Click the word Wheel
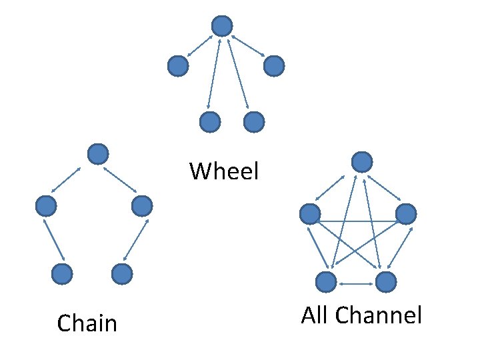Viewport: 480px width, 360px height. click(x=223, y=171)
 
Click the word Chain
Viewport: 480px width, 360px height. click(x=87, y=323)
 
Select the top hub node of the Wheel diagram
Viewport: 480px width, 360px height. click(x=222, y=26)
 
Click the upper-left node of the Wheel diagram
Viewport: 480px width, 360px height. click(x=177, y=65)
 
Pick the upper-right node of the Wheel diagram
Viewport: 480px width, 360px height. click(x=274, y=65)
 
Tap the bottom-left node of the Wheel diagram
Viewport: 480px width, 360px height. click(x=210, y=122)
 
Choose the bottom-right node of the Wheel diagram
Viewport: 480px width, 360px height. click(x=254, y=122)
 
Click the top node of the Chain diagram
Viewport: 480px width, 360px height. click(x=98, y=154)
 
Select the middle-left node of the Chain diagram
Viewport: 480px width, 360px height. click(x=46, y=206)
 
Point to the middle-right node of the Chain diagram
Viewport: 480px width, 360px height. click(x=142, y=206)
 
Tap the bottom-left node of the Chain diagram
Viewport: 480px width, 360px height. click(x=62, y=273)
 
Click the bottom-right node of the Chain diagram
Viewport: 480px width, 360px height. click(x=121, y=273)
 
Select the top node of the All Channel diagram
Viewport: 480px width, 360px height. click(x=361, y=162)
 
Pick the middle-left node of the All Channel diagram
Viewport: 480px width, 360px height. click(x=310, y=214)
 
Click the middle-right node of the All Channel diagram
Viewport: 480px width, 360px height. click(x=406, y=214)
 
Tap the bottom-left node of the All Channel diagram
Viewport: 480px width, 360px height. click(x=326, y=282)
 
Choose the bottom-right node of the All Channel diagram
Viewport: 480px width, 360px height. click(x=385, y=282)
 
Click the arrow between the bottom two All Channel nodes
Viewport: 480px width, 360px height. click(x=356, y=284)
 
